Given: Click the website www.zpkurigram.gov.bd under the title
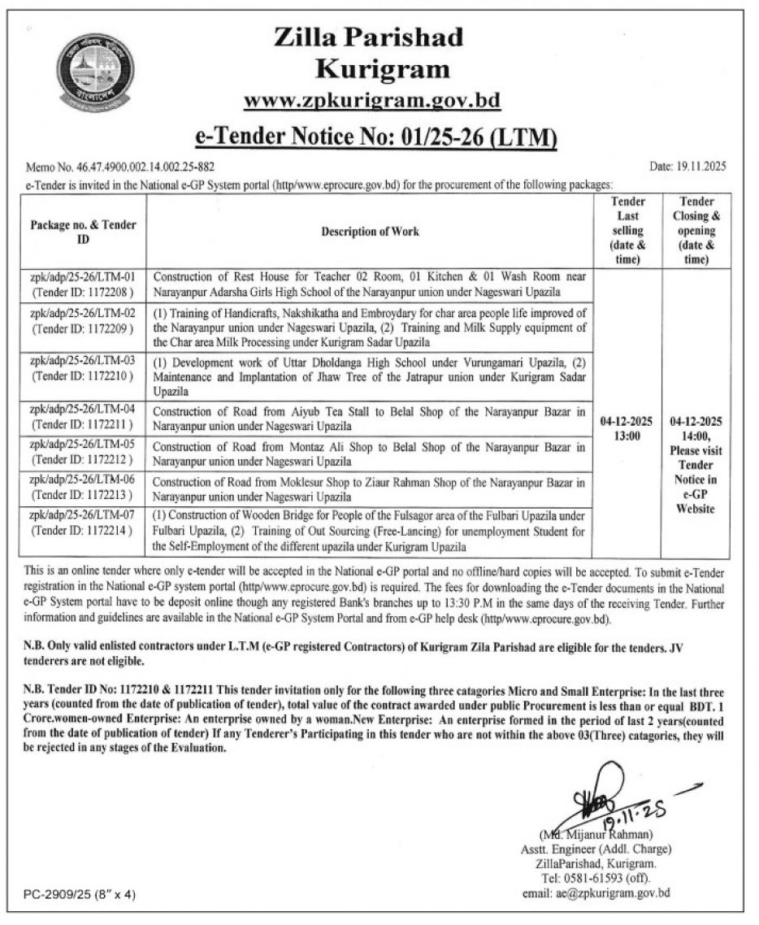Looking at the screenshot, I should click(x=372, y=100).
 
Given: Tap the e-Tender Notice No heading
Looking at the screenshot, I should click(x=376, y=134).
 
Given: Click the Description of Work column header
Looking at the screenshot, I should click(x=370, y=232).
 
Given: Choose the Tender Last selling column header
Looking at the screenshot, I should click(x=628, y=231).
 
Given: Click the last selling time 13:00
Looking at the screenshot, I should click(x=628, y=436).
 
